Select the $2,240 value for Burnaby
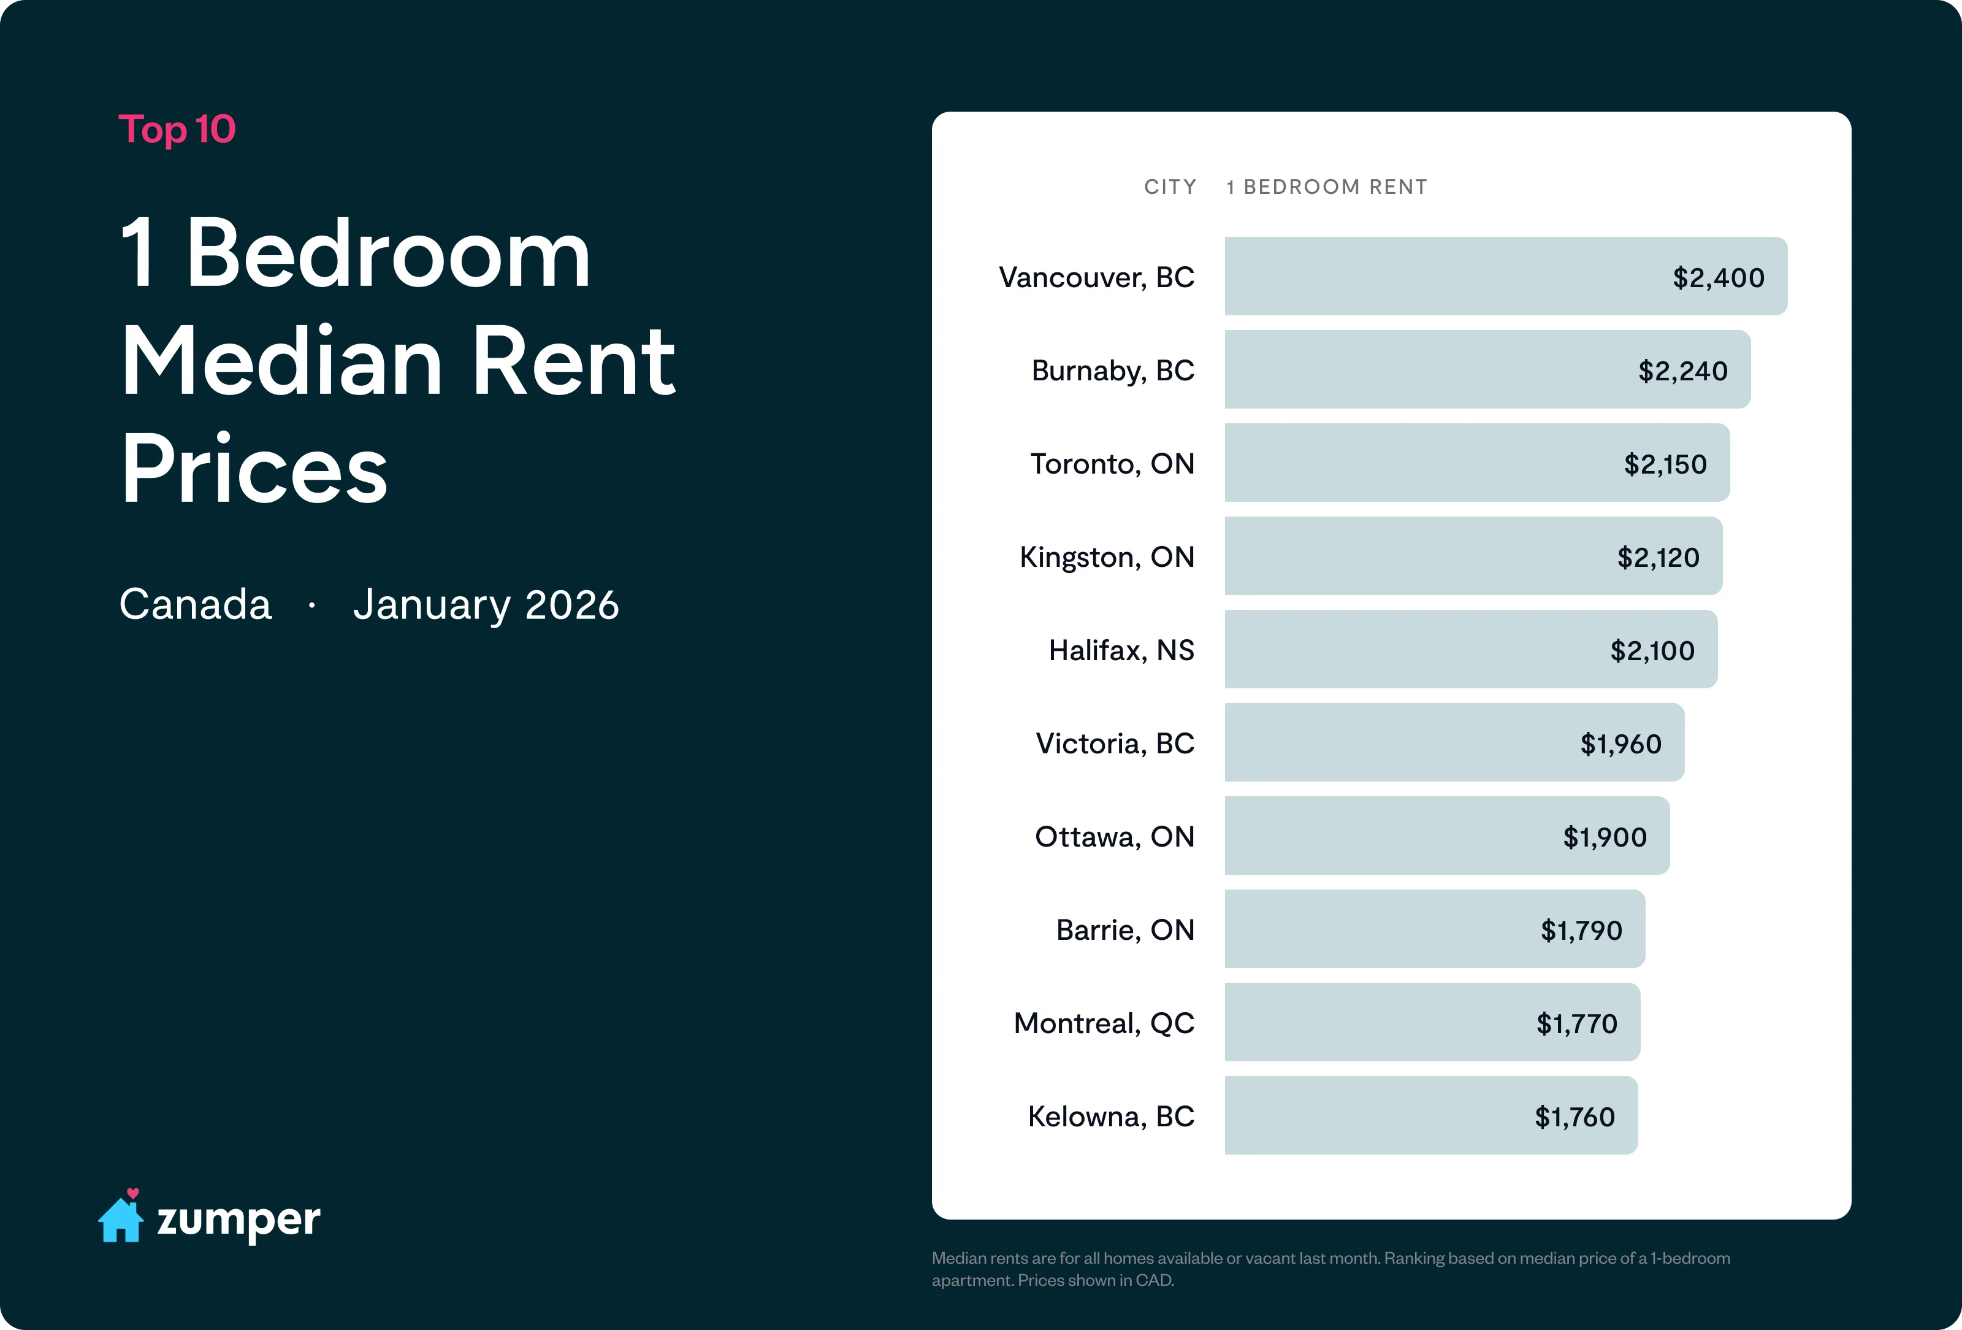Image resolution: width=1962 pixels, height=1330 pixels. pos(1682,371)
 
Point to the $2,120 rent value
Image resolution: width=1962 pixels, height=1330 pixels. pos(1658,557)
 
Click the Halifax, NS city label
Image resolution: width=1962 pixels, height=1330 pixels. pos(1121,650)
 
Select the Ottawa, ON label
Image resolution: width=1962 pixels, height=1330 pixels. pos(1115,837)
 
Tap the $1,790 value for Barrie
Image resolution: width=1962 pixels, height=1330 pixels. pos(1581,931)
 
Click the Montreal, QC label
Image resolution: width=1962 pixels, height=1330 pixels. pos(1104,1023)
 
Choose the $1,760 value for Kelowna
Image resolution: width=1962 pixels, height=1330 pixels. pos(1575,1117)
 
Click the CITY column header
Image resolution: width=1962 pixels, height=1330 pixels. pos(1170,186)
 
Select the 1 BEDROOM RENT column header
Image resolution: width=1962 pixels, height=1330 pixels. pos(1326,186)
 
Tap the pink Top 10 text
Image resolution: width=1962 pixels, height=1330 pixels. pos(177,130)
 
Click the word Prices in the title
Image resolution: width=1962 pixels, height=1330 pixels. pos(254,468)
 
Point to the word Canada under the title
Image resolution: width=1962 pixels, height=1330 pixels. pos(196,605)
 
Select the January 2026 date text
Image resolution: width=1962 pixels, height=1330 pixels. pos(486,605)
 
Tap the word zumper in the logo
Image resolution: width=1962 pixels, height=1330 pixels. pos(239,1220)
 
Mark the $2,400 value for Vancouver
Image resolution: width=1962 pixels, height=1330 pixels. pos(1718,278)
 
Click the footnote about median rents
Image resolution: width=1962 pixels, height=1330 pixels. pos(1330,1269)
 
